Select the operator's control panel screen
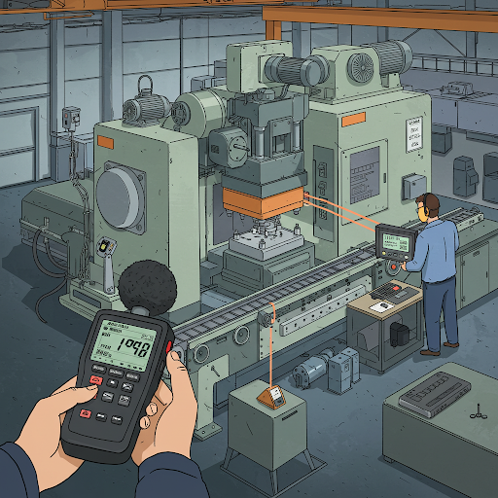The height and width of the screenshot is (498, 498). point(392,238)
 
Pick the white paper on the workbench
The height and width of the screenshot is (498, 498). point(381,305)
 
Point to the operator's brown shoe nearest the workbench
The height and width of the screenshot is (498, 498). point(429,352)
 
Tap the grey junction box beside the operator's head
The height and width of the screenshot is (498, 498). point(413,184)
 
